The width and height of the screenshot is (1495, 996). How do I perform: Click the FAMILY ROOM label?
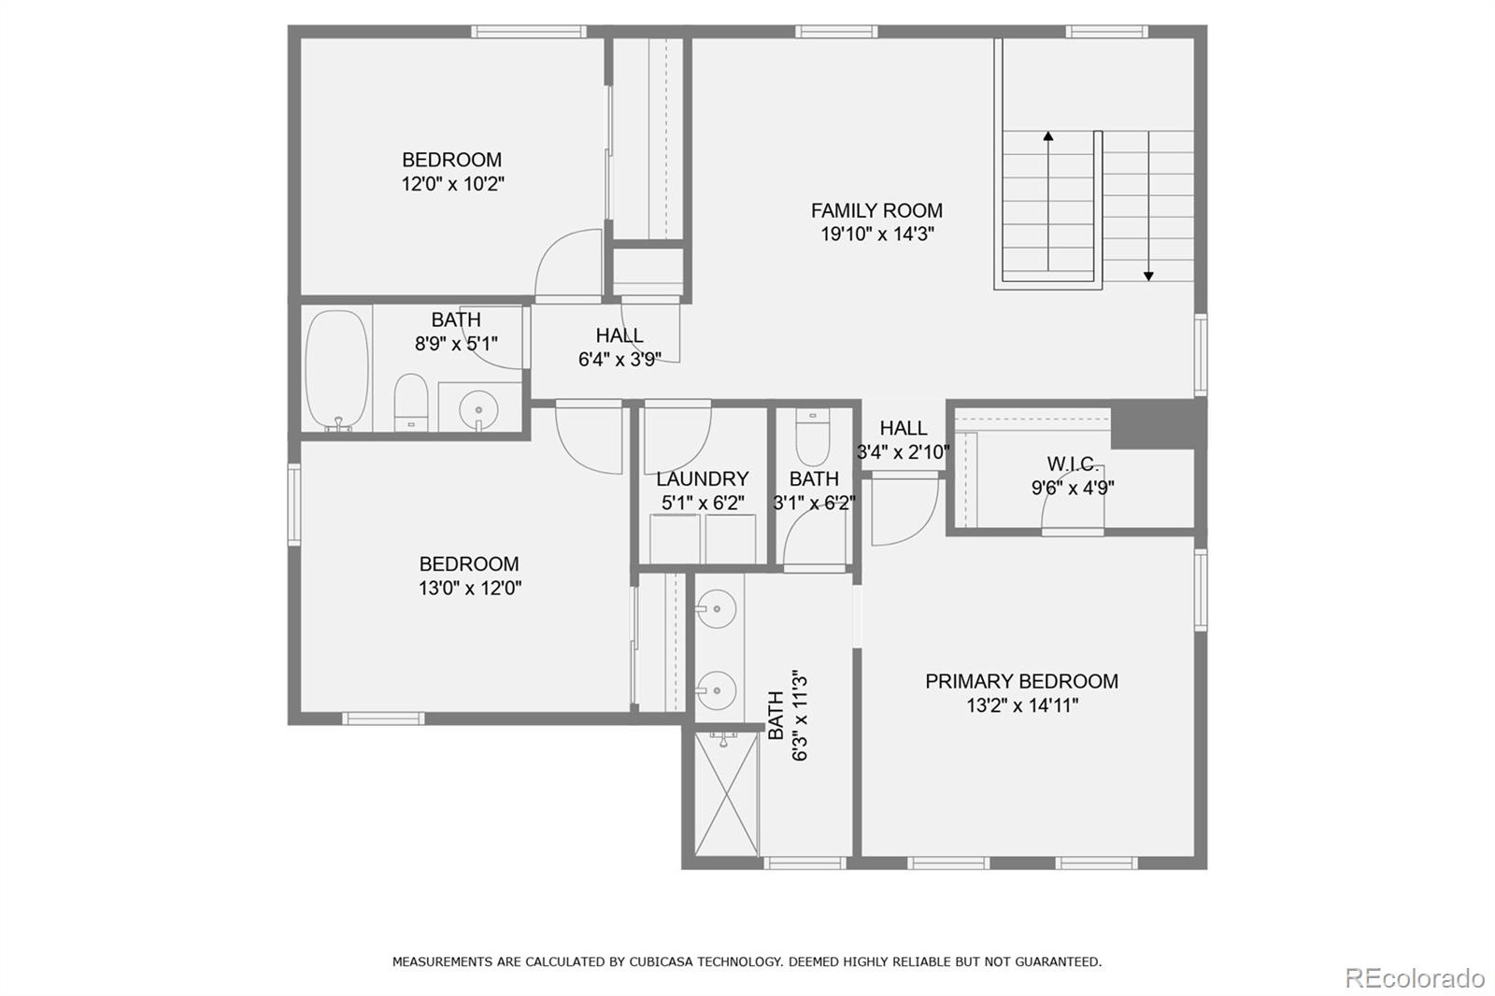(876, 210)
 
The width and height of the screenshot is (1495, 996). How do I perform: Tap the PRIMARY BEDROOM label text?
(1021, 681)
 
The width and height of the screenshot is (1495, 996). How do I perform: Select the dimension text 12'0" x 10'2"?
(452, 184)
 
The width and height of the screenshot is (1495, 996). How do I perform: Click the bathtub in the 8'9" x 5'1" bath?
(336, 370)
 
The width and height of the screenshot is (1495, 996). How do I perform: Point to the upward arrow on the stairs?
(1048, 137)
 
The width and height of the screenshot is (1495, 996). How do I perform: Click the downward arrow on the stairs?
(1148, 275)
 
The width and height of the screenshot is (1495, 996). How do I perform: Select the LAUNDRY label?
(702, 479)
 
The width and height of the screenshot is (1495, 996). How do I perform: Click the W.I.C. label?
(1072, 464)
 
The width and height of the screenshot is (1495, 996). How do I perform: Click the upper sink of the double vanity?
(717, 610)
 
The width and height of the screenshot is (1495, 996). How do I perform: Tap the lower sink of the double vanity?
(717, 690)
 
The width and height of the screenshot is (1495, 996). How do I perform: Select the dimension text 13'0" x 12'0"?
(469, 589)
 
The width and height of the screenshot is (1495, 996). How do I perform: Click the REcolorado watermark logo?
(1414, 977)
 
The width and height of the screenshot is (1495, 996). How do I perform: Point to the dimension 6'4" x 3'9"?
(619, 359)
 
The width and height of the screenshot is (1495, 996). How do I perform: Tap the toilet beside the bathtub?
(410, 403)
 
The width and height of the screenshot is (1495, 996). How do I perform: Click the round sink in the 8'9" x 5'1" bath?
(479, 409)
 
